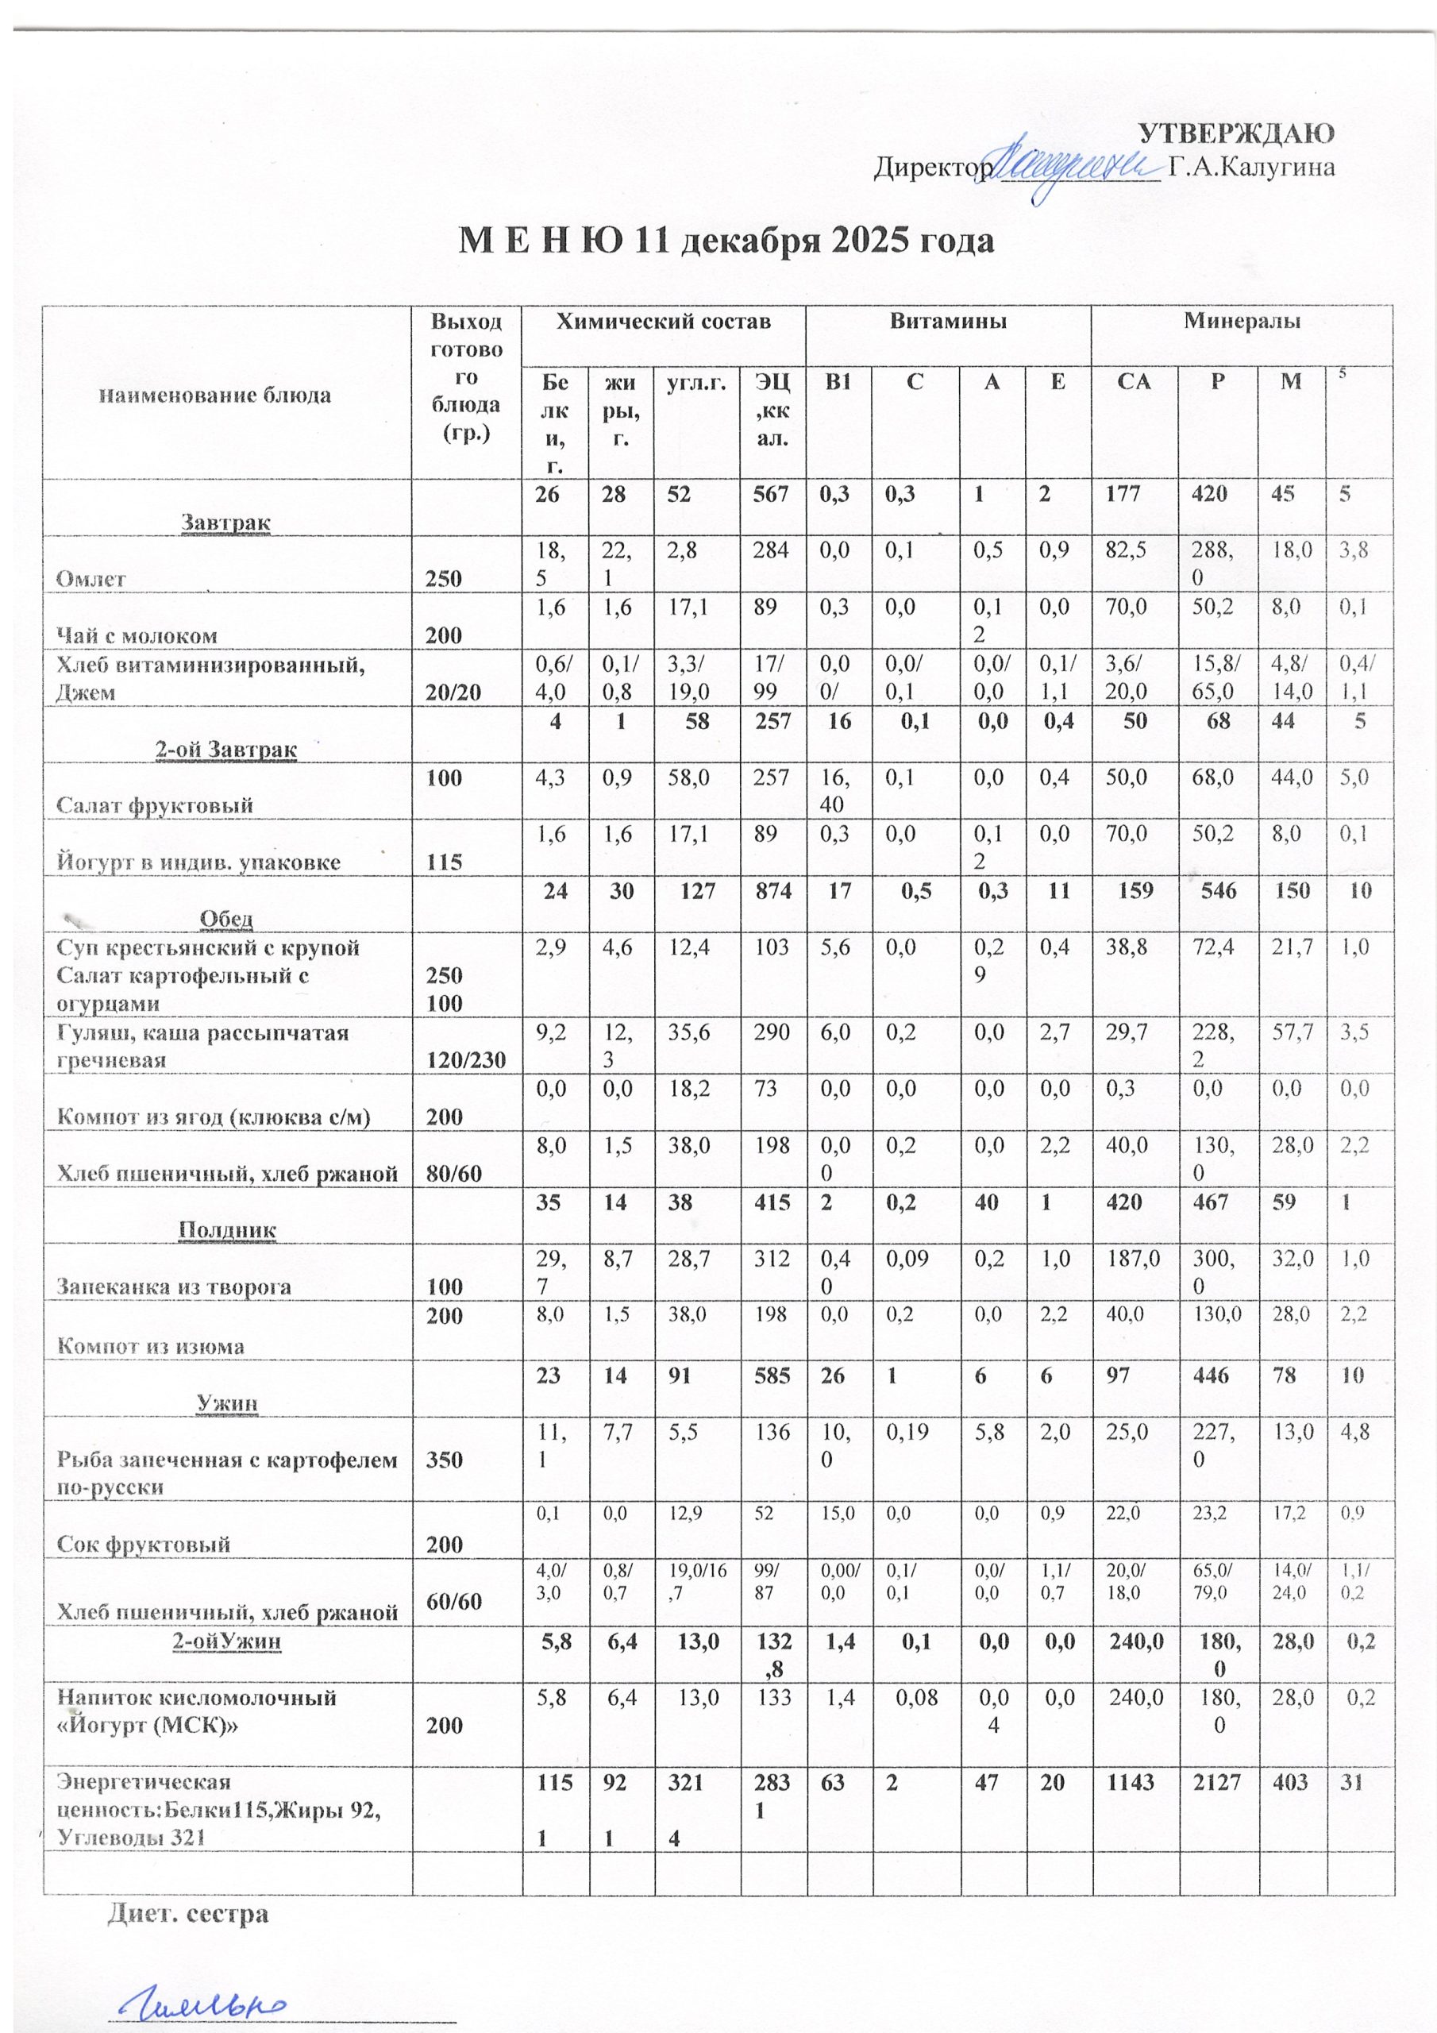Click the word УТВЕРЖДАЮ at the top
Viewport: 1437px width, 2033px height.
point(1235,133)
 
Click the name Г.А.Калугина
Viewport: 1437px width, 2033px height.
point(1251,168)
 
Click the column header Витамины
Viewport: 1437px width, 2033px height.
point(947,322)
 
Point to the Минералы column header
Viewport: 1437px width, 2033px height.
point(1242,322)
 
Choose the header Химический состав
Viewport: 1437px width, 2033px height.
point(662,322)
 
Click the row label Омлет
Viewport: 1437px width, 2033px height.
point(91,579)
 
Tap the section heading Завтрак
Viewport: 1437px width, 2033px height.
point(225,523)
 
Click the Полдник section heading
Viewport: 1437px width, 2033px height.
point(228,1230)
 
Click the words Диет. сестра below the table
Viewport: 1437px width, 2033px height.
point(187,1913)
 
